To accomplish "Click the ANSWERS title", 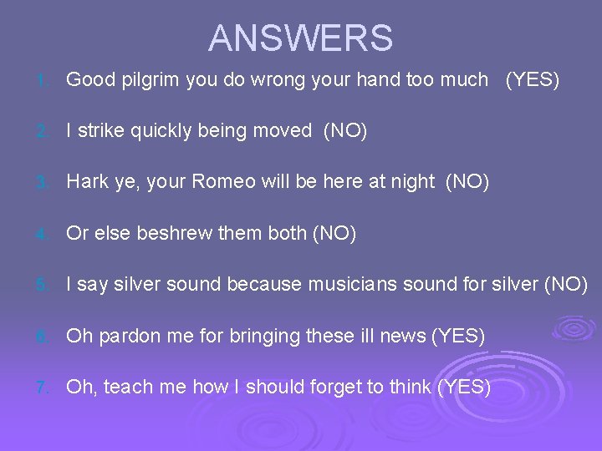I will [x=300, y=38].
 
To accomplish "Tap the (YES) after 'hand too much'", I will [x=532, y=80].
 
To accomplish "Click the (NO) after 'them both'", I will [x=334, y=234].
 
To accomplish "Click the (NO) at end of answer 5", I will [x=566, y=285].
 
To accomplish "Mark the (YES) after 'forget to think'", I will [x=464, y=387].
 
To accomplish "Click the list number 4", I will [x=43, y=235].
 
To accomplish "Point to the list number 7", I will [x=43, y=388].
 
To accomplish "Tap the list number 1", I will [x=43, y=81].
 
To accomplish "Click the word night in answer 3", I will [x=413, y=182].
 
